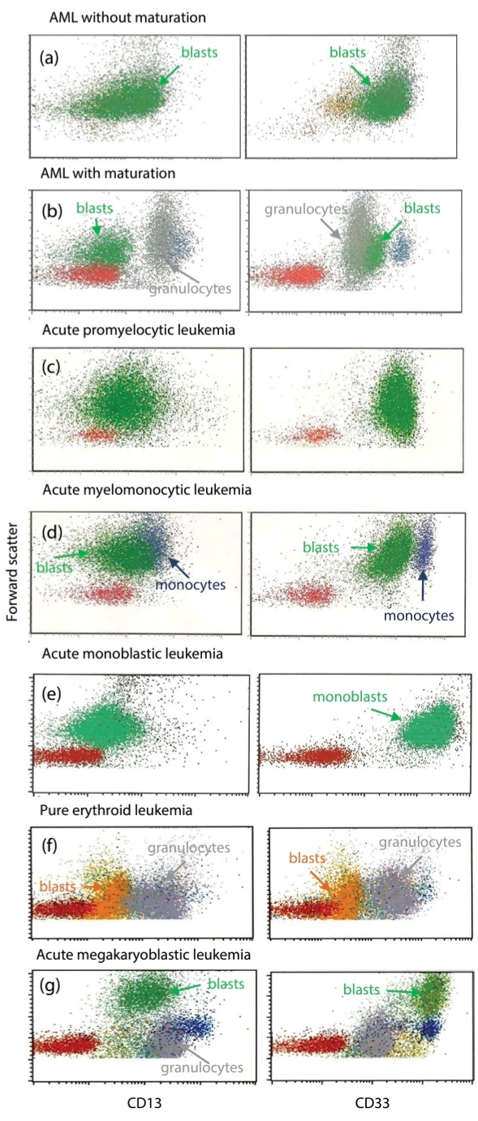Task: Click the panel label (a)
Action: coord(49,58)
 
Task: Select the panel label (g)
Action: coord(50,986)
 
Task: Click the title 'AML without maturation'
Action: coord(127,18)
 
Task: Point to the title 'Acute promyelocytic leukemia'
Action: coord(138,330)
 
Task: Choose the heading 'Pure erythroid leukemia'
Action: coord(116,810)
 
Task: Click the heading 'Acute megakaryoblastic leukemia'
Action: coord(144,955)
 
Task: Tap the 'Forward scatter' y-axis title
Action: coord(12,572)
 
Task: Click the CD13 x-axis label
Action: coord(144,1103)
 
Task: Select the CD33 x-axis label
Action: coord(372,1103)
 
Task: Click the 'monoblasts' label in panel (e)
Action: coord(350,696)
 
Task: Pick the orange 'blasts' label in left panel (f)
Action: coord(58,887)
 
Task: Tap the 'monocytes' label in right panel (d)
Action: coord(419,616)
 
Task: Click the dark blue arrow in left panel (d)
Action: coord(179,568)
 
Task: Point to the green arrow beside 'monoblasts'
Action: coord(386,714)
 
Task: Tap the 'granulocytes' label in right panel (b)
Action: coord(306,209)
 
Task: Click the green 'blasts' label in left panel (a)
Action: coord(199,52)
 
